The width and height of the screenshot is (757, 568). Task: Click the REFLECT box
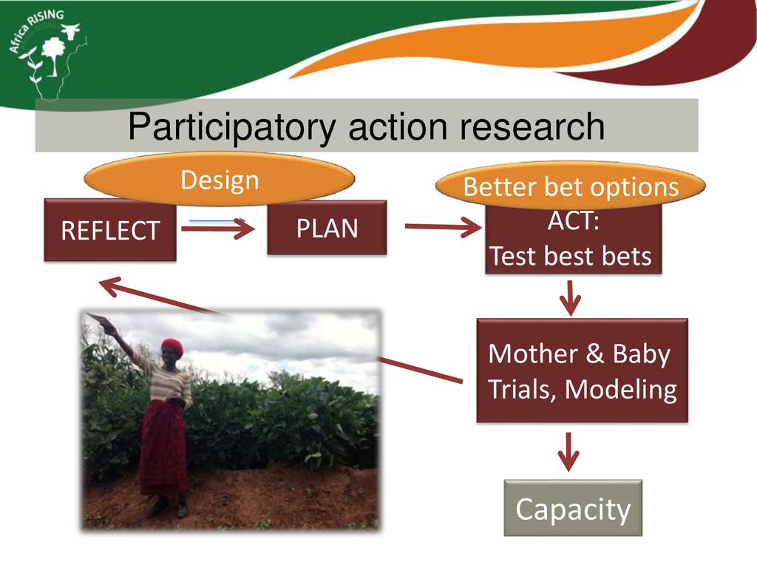coord(110,230)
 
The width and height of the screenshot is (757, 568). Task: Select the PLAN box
coord(327,228)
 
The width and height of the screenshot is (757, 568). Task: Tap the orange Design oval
coord(220,179)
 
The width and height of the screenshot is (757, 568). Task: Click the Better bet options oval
coord(570,186)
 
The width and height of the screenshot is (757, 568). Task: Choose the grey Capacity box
coord(573,508)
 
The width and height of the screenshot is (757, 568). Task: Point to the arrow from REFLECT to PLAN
coord(218,228)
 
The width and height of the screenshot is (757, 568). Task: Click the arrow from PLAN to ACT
coord(444,226)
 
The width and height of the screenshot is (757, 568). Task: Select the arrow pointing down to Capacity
coord(568,452)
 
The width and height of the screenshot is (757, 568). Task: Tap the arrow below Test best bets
coord(570,298)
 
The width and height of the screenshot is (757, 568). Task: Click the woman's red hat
coord(172,346)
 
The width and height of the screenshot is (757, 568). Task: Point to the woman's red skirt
coord(163,447)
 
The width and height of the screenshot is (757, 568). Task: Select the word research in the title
coord(532,126)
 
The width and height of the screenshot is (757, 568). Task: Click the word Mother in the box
coord(533,354)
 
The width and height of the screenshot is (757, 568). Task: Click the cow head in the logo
coord(70,31)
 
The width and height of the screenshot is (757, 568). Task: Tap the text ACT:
coord(574,221)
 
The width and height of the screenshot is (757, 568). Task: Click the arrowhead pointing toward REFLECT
coord(108,286)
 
